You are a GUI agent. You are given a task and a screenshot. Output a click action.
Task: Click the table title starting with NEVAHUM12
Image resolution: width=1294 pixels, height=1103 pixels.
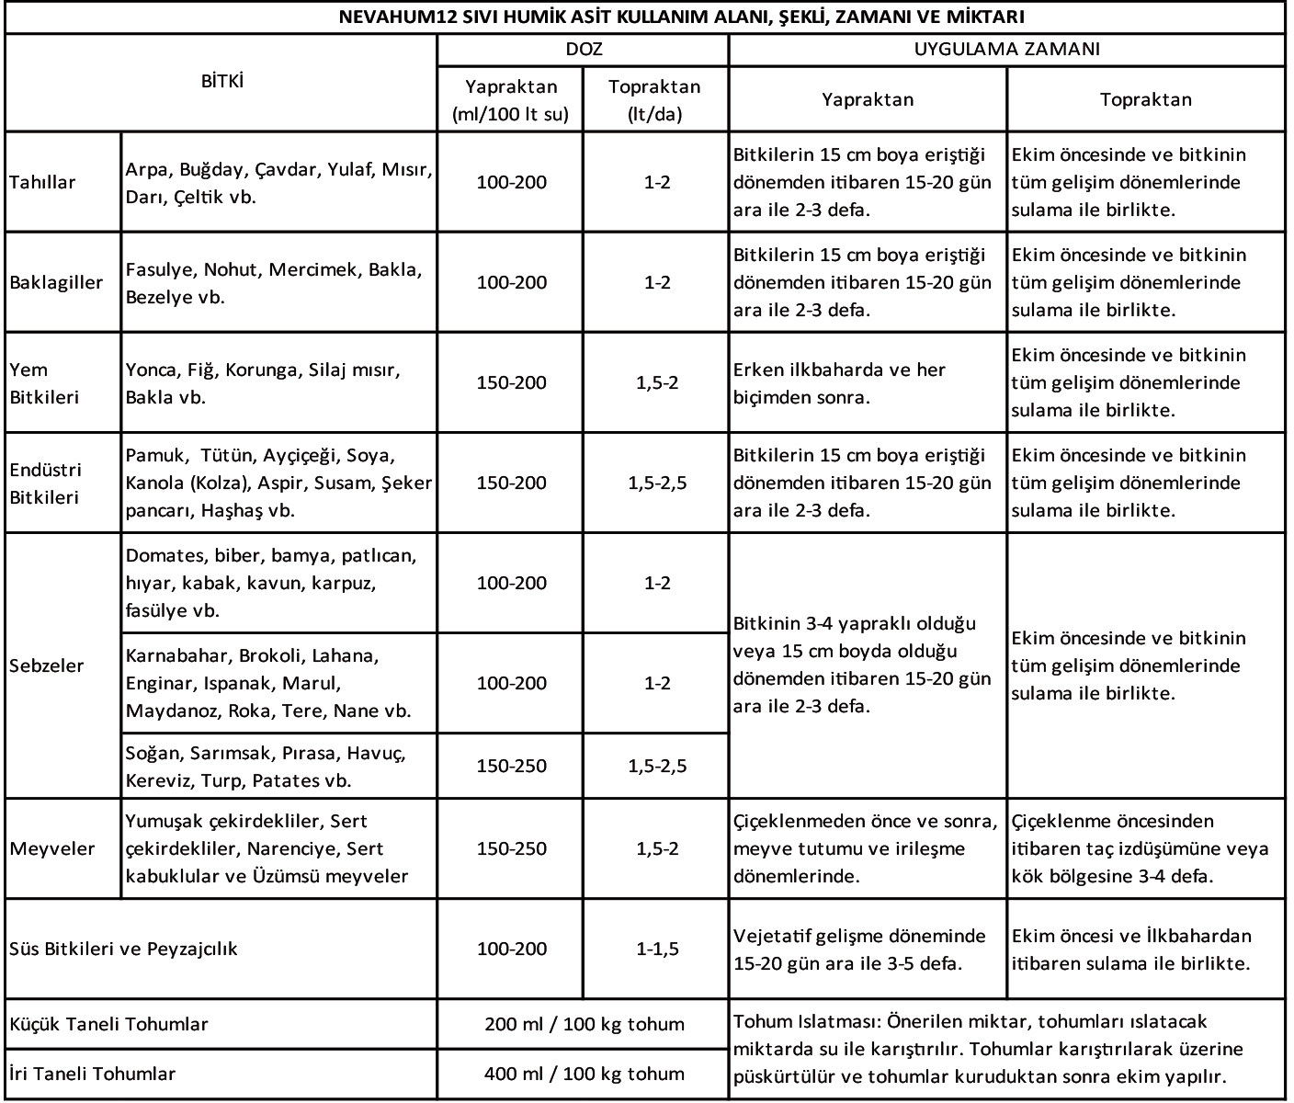tap(682, 17)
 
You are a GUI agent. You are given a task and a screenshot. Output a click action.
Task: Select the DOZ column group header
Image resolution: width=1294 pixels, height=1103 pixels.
tap(584, 50)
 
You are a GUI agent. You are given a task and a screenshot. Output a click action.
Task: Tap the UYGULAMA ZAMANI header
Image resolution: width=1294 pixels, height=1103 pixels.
tap(1006, 50)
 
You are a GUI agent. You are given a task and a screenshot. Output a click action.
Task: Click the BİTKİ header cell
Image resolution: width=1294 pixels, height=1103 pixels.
tap(221, 82)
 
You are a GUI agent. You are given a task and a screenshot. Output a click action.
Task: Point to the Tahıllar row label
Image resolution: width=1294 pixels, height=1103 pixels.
tap(42, 182)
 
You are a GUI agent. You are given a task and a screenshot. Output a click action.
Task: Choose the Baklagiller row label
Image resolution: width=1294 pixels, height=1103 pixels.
tap(56, 282)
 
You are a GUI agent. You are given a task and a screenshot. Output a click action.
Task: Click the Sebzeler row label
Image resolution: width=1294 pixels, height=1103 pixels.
tap(47, 665)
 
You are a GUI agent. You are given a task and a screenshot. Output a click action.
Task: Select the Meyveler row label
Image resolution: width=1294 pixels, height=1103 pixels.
tap(52, 848)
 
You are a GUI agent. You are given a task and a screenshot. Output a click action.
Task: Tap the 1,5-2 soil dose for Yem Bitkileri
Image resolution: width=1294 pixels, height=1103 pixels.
tap(657, 382)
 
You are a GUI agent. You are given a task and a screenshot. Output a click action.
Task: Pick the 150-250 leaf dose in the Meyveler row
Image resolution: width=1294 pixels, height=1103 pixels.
tap(511, 848)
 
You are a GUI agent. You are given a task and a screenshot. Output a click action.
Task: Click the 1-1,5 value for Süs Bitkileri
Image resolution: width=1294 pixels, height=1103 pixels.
tap(657, 949)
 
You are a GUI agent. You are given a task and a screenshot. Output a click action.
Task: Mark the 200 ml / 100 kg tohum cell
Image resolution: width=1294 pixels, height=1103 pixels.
tap(584, 1024)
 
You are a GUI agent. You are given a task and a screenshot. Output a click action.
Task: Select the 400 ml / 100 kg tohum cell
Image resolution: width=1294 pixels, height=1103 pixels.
tap(584, 1074)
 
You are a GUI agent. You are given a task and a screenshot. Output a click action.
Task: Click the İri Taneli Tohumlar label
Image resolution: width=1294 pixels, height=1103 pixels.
tap(92, 1074)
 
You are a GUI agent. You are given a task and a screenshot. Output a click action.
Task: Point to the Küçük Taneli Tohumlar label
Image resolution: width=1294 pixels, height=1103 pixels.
tap(108, 1024)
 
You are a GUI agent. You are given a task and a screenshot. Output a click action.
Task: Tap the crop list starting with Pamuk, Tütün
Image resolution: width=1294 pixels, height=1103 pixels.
tap(278, 483)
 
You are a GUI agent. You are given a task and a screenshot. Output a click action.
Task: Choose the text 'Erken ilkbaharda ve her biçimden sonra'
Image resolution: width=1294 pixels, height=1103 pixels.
tap(839, 383)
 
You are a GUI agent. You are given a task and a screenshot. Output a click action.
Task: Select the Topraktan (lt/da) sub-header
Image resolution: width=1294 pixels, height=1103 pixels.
tap(654, 100)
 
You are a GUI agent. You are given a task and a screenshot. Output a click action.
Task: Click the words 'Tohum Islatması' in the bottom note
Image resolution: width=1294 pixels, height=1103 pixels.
tap(800, 1021)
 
